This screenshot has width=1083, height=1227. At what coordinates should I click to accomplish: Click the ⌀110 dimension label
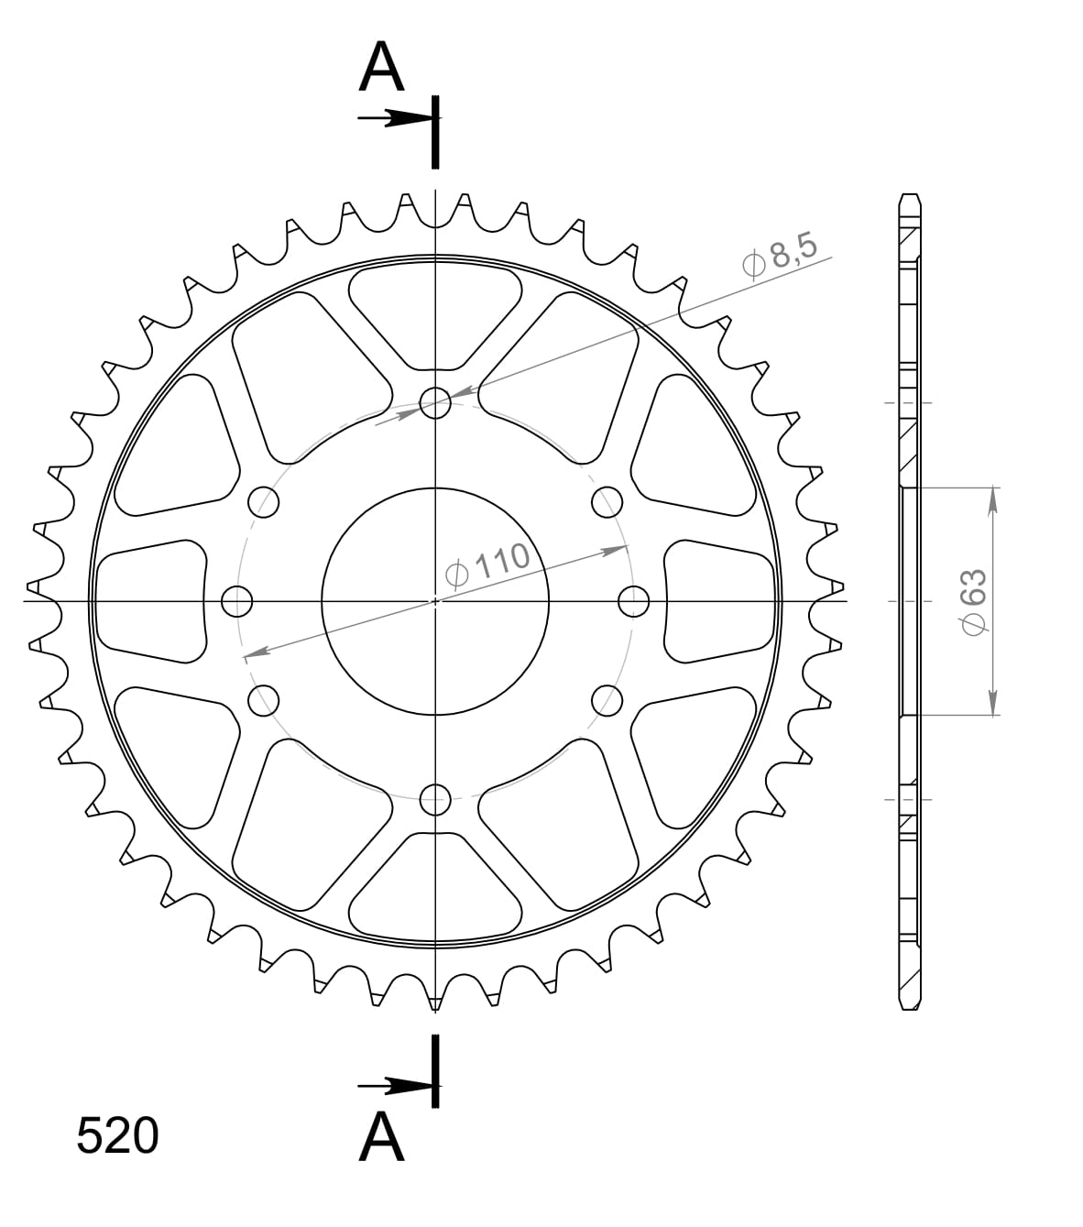click(487, 564)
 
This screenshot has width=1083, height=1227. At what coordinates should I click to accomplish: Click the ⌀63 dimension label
click(972, 600)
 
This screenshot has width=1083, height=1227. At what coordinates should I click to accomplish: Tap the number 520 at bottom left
click(117, 1136)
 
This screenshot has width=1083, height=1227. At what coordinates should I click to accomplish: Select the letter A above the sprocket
click(381, 69)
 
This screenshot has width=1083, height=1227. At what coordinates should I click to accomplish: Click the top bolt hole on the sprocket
click(435, 401)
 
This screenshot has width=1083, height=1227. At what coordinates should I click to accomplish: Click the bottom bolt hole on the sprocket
click(435, 799)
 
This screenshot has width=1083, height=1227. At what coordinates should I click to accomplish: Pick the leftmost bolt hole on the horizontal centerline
click(237, 601)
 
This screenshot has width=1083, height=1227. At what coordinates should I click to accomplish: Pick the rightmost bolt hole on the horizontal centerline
click(633, 601)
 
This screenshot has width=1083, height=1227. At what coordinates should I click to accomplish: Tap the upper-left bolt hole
click(264, 501)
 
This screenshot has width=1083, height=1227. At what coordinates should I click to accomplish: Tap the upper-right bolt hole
click(607, 501)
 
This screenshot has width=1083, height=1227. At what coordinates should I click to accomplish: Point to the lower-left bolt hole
click(264, 700)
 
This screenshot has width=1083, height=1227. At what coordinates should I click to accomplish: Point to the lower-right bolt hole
click(607, 700)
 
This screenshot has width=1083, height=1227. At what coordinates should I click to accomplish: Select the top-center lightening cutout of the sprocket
click(435, 312)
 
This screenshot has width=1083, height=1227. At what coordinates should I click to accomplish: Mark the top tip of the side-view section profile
click(909, 196)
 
